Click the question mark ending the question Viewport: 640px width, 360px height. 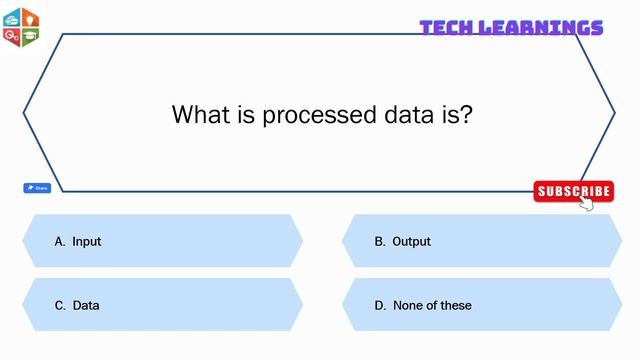click(466, 115)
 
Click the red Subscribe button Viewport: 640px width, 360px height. click(572, 191)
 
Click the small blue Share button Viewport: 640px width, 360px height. click(37, 188)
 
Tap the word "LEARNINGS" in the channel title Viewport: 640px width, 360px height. click(540, 27)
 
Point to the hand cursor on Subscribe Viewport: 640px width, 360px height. click(586, 203)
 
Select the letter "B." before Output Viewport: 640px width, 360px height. click(380, 241)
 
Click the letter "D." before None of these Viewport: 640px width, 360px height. click(380, 305)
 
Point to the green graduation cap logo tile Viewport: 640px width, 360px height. click(30, 36)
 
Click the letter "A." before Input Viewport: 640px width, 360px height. click(60, 241)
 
